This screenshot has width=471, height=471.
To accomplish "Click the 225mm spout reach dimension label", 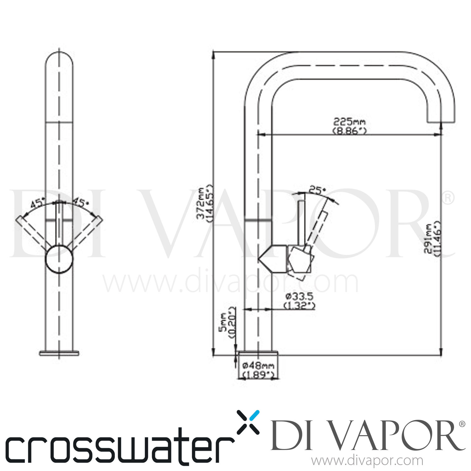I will (349, 122).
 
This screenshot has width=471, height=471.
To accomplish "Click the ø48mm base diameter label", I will (259, 365).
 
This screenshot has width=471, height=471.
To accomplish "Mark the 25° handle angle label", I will (317, 190).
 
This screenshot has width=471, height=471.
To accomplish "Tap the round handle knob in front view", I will (59, 259).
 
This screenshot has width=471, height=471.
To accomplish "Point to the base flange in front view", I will (59, 353).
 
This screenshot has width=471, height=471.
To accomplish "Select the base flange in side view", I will (258, 354).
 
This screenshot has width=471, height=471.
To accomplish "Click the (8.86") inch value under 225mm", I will (349, 131).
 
